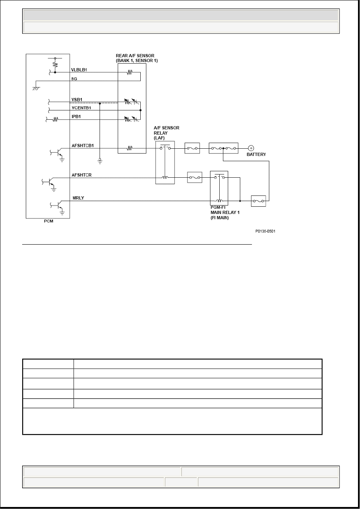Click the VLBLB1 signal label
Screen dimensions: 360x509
[x=79, y=70]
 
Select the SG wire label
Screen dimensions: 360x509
[x=74, y=79]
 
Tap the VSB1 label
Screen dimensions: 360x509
[x=77, y=100]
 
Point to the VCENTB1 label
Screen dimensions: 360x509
[x=81, y=108]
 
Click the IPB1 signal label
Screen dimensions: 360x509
[x=76, y=116]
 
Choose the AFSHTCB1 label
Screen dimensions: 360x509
[x=83, y=145]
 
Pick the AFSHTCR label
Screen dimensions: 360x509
[x=81, y=175]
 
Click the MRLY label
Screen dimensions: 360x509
[x=78, y=198]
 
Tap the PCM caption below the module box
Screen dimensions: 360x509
[x=49, y=221]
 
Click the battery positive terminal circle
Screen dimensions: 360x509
[x=251, y=148]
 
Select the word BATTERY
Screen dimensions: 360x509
[x=256, y=154]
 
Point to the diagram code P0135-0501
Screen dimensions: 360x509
[x=265, y=231]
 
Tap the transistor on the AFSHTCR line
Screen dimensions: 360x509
[x=50, y=182]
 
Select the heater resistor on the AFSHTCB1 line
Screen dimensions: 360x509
[x=129, y=148]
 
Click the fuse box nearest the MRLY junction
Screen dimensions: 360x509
[x=258, y=201]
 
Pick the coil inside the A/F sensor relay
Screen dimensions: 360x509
[x=165, y=177]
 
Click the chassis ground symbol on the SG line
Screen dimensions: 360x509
[x=36, y=88]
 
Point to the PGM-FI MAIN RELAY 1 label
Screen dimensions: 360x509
[x=225, y=212]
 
